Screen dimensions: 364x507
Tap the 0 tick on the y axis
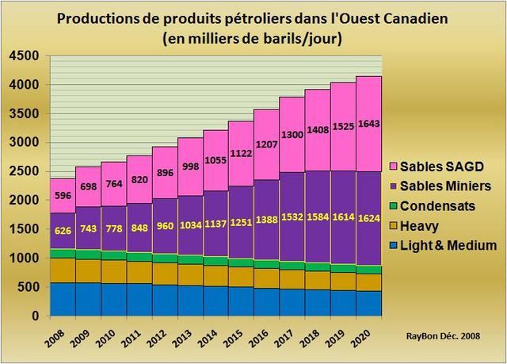(34, 316)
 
